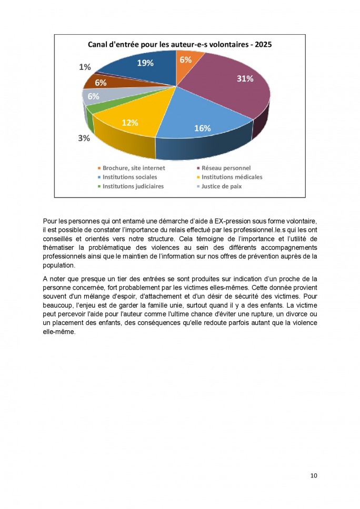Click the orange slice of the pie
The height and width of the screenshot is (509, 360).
click(x=187, y=63)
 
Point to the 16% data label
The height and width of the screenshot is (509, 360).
click(x=203, y=128)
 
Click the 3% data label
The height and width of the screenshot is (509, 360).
click(x=84, y=138)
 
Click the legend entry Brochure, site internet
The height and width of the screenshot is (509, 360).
click(x=133, y=168)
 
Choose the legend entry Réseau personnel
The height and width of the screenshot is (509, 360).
click(x=226, y=168)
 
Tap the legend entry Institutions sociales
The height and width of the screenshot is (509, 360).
click(x=129, y=177)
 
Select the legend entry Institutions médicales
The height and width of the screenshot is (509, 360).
click(x=232, y=177)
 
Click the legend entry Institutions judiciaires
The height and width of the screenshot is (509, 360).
click(x=133, y=186)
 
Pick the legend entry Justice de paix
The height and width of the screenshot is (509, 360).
click(x=222, y=186)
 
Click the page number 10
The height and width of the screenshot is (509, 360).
click(x=314, y=475)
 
